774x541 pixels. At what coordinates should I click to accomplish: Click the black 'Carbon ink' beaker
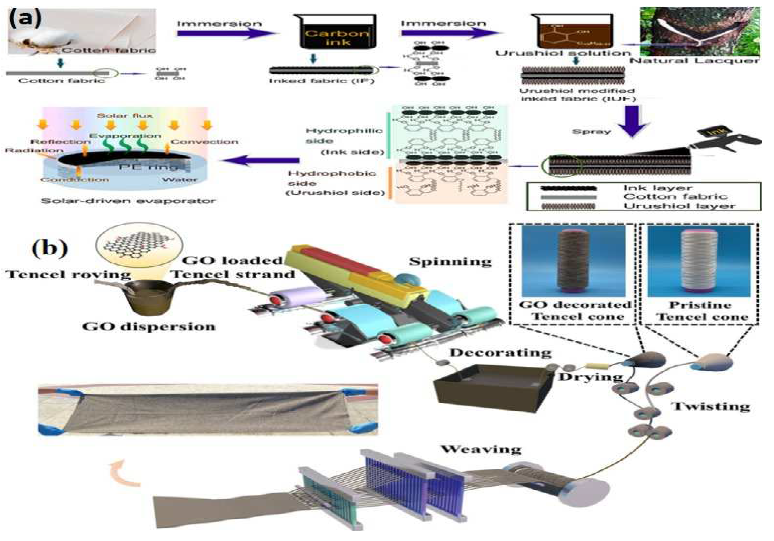[x=338, y=32]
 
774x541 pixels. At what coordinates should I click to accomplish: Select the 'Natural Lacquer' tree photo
[x=699, y=32]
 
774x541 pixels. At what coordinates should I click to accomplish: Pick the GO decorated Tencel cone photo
[x=573, y=261]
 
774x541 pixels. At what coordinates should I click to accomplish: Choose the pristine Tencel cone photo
[x=699, y=261]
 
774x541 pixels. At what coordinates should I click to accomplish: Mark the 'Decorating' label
[x=500, y=353]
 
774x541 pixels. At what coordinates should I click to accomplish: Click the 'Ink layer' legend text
[x=657, y=188]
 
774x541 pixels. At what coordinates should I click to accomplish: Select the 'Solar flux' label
[x=125, y=116]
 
